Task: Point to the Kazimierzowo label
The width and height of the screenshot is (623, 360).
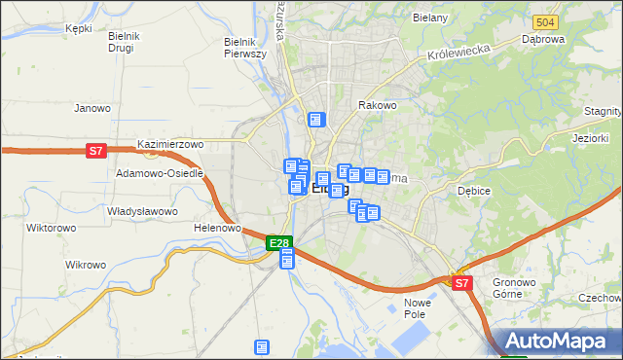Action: [170, 144]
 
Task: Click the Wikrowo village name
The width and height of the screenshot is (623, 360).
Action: [85, 265]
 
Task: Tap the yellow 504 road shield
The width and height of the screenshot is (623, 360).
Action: [545, 21]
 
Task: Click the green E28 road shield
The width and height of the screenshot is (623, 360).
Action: [278, 242]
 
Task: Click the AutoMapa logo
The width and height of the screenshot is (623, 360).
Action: [556, 342]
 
